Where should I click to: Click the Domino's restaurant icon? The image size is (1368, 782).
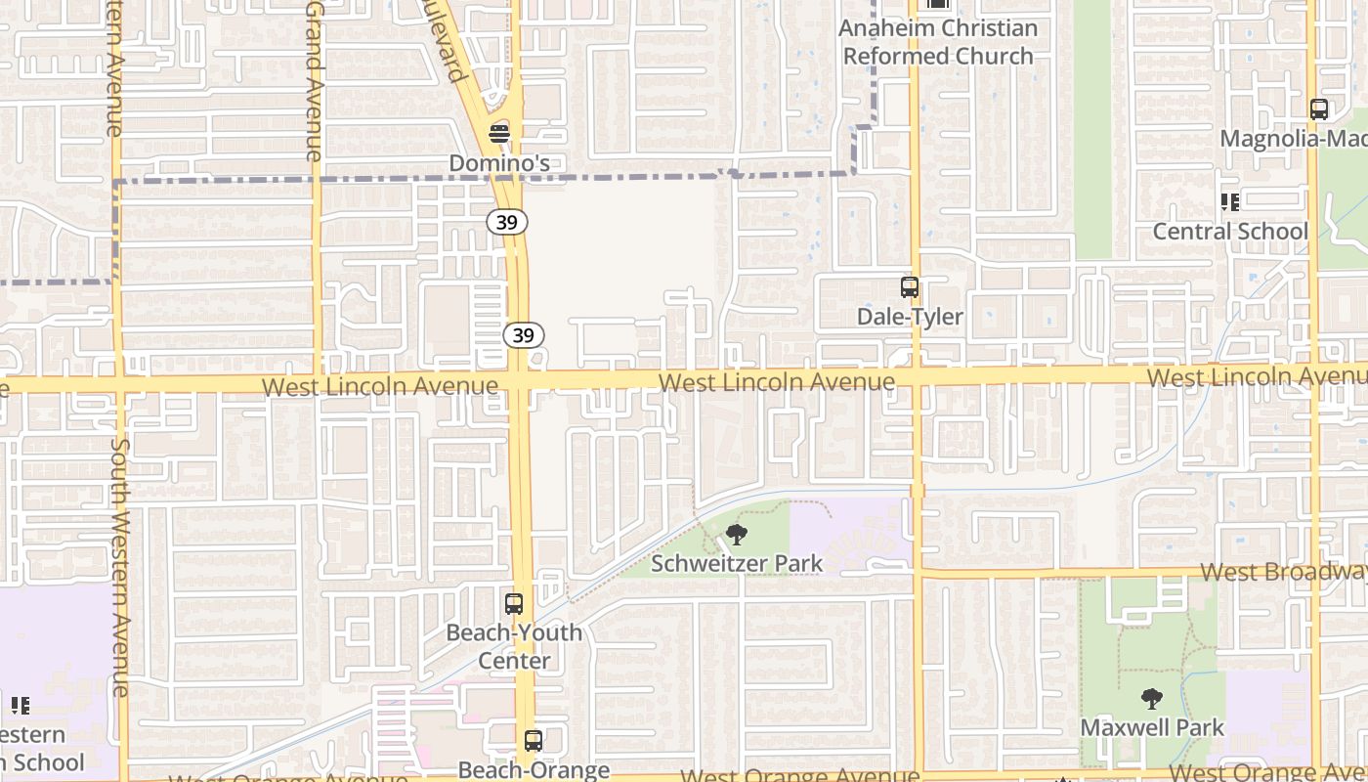pyautogui.click(x=499, y=133)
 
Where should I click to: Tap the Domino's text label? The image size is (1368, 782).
pyautogui.click(x=499, y=162)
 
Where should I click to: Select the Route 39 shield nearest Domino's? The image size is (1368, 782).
pyautogui.click(x=506, y=223)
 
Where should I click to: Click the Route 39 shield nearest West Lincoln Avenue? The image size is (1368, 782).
pyautogui.click(x=524, y=335)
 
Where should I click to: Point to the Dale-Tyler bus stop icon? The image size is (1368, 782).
pyautogui.click(x=910, y=287)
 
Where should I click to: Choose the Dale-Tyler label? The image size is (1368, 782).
pyautogui.click(x=910, y=317)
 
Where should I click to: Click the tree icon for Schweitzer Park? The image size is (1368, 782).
pyautogui.click(x=737, y=534)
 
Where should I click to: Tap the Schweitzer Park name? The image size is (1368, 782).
pyautogui.click(x=737, y=563)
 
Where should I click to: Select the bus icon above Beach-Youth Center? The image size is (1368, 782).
pyautogui.click(x=514, y=604)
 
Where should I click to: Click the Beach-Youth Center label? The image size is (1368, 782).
pyautogui.click(x=514, y=646)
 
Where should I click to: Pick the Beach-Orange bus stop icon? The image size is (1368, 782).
pyautogui.click(x=533, y=741)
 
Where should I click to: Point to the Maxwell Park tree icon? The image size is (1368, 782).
pyautogui.click(x=1151, y=699)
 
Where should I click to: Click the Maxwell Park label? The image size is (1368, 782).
pyautogui.click(x=1151, y=727)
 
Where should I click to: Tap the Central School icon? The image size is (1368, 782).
pyautogui.click(x=1229, y=202)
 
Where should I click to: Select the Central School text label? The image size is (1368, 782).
pyautogui.click(x=1229, y=232)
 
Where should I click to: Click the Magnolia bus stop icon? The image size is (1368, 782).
pyautogui.click(x=1319, y=109)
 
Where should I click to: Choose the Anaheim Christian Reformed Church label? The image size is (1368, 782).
pyautogui.click(x=938, y=42)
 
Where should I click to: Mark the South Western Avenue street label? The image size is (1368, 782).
pyautogui.click(x=119, y=567)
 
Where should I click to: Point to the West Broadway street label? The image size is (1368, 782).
pyautogui.click(x=1282, y=572)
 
